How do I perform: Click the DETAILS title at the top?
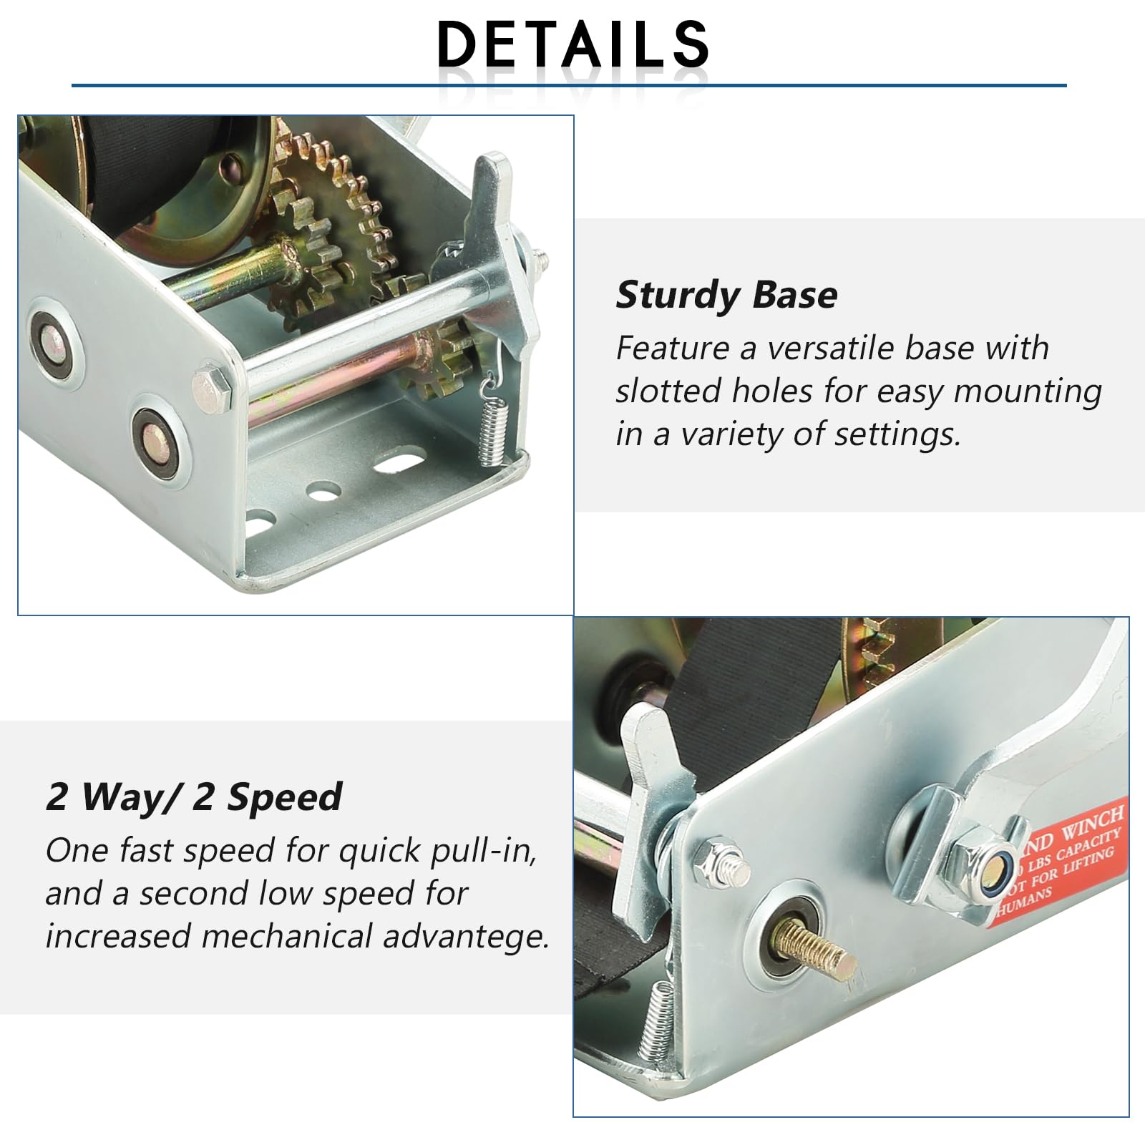coord(572,44)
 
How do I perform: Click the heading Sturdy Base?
coord(726,295)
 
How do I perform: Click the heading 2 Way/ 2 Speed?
coord(194,797)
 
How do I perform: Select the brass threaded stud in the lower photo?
coord(816,948)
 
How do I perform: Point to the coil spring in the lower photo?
coord(656,1020)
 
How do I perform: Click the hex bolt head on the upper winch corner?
coord(212,390)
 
